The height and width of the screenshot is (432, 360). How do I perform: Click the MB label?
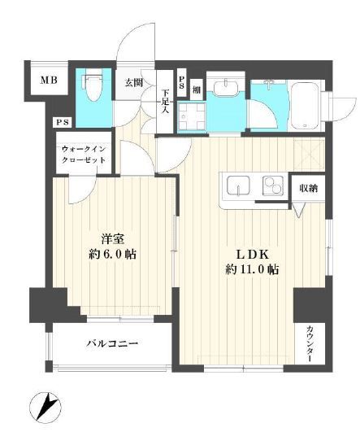48,81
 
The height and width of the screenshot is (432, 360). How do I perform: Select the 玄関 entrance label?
134,81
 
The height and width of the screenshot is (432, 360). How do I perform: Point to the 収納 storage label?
306,186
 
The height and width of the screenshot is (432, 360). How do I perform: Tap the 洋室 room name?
112,238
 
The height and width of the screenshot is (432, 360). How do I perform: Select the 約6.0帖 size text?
112,253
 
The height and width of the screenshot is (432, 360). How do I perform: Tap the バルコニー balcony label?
112,345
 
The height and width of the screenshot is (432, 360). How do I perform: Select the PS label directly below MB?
61,122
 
